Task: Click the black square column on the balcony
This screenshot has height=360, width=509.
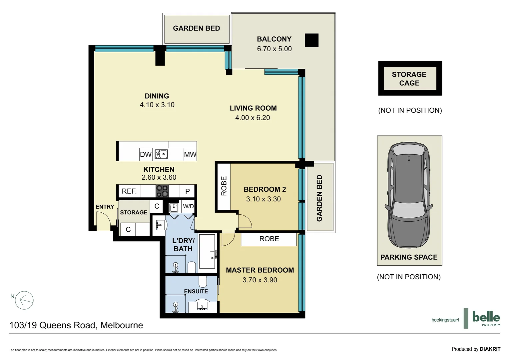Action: (x=311, y=40)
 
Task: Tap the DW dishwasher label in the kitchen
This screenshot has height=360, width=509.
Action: (x=146, y=154)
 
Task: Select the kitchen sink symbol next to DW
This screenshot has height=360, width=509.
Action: (x=161, y=154)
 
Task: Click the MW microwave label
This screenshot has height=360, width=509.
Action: (x=190, y=154)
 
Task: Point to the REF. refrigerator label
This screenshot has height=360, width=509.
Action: (x=129, y=191)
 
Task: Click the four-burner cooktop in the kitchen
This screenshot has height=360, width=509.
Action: (x=162, y=191)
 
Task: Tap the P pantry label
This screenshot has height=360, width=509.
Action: (x=188, y=191)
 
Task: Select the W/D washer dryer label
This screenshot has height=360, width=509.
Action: (x=188, y=206)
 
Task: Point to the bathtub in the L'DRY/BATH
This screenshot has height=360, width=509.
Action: (x=207, y=251)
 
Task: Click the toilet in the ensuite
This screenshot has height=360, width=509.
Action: (x=203, y=281)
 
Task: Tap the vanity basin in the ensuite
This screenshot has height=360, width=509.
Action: (x=202, y=306)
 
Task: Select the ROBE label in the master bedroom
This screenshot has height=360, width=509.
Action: (x=269, y=239)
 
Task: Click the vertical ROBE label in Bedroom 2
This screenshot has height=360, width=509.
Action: (x=224, y=186)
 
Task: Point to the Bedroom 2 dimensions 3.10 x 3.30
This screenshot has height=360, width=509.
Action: (x=263, y=199)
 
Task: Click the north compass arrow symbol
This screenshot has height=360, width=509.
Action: (x=24, y=300)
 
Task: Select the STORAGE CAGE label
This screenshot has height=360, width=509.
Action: (x=409, y=79)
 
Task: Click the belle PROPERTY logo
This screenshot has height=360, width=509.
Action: (x=486, y=318)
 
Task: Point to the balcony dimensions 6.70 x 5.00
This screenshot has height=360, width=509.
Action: (x=274, y=49)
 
